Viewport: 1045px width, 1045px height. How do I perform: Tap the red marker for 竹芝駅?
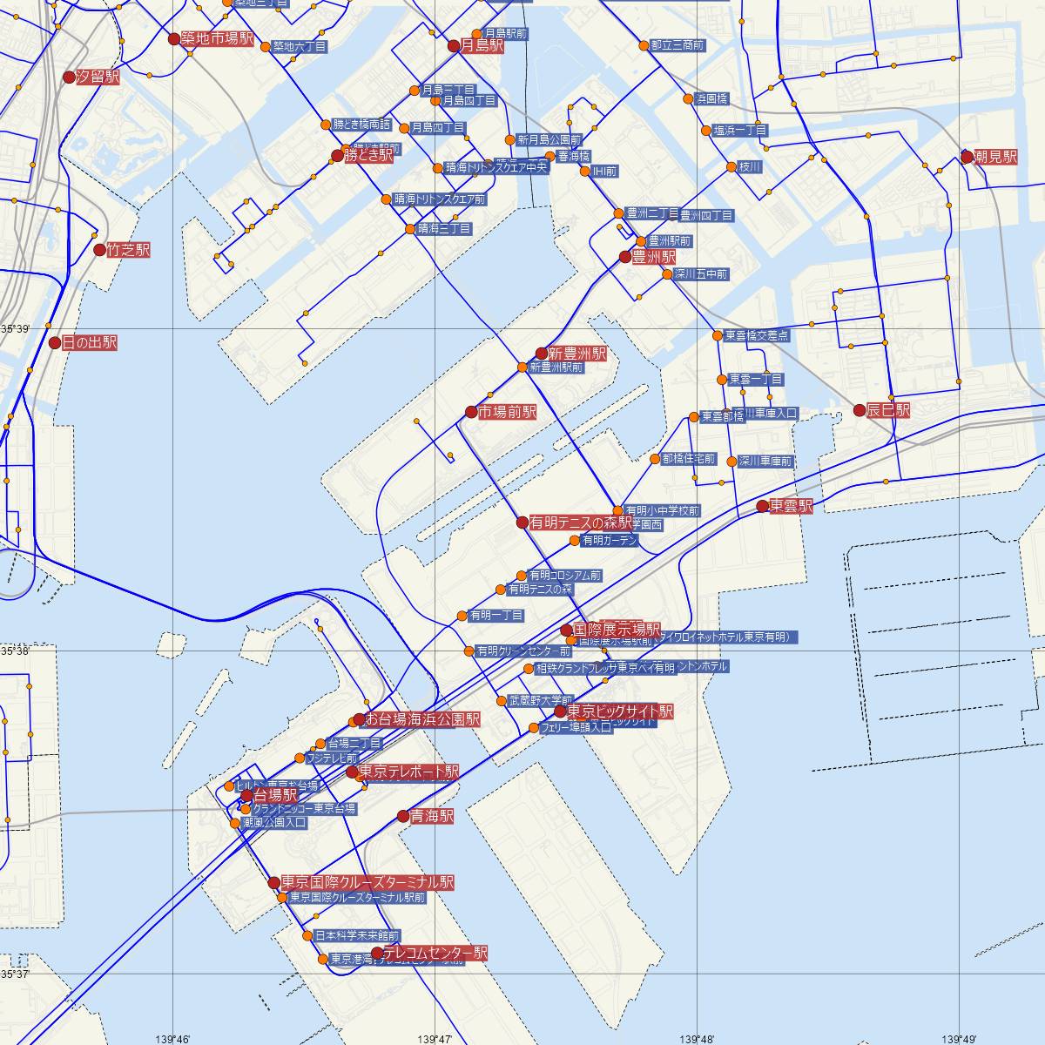point(100,250)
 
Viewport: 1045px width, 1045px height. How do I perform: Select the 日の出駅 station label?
point(89,343)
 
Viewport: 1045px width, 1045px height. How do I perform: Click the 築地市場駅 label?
point(218,39)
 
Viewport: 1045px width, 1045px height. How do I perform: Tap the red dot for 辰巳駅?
point(860,409)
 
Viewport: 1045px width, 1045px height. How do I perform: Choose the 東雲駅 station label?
point(791,506)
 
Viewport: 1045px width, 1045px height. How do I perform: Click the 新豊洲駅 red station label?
point(577,354)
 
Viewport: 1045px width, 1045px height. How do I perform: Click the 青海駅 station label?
point(432,817)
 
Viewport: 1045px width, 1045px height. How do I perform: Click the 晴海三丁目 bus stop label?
point(444,229)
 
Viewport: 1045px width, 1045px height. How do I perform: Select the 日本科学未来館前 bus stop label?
point(357,936)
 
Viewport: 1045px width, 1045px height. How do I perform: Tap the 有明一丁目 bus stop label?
point(496,616)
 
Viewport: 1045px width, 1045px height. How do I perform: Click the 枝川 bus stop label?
point(750,166)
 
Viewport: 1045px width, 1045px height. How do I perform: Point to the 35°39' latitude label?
point(15,329)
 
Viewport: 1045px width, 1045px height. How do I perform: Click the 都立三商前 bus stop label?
point(678,44)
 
